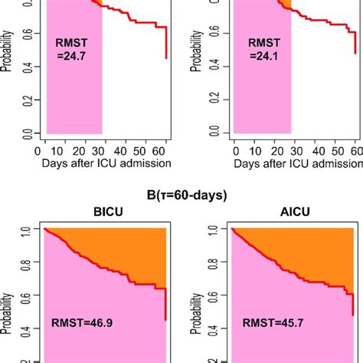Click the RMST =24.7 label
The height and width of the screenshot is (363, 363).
[74, 52]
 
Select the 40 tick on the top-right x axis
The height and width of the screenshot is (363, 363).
[313, 152]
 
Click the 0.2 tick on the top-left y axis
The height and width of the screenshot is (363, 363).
[28, 97]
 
